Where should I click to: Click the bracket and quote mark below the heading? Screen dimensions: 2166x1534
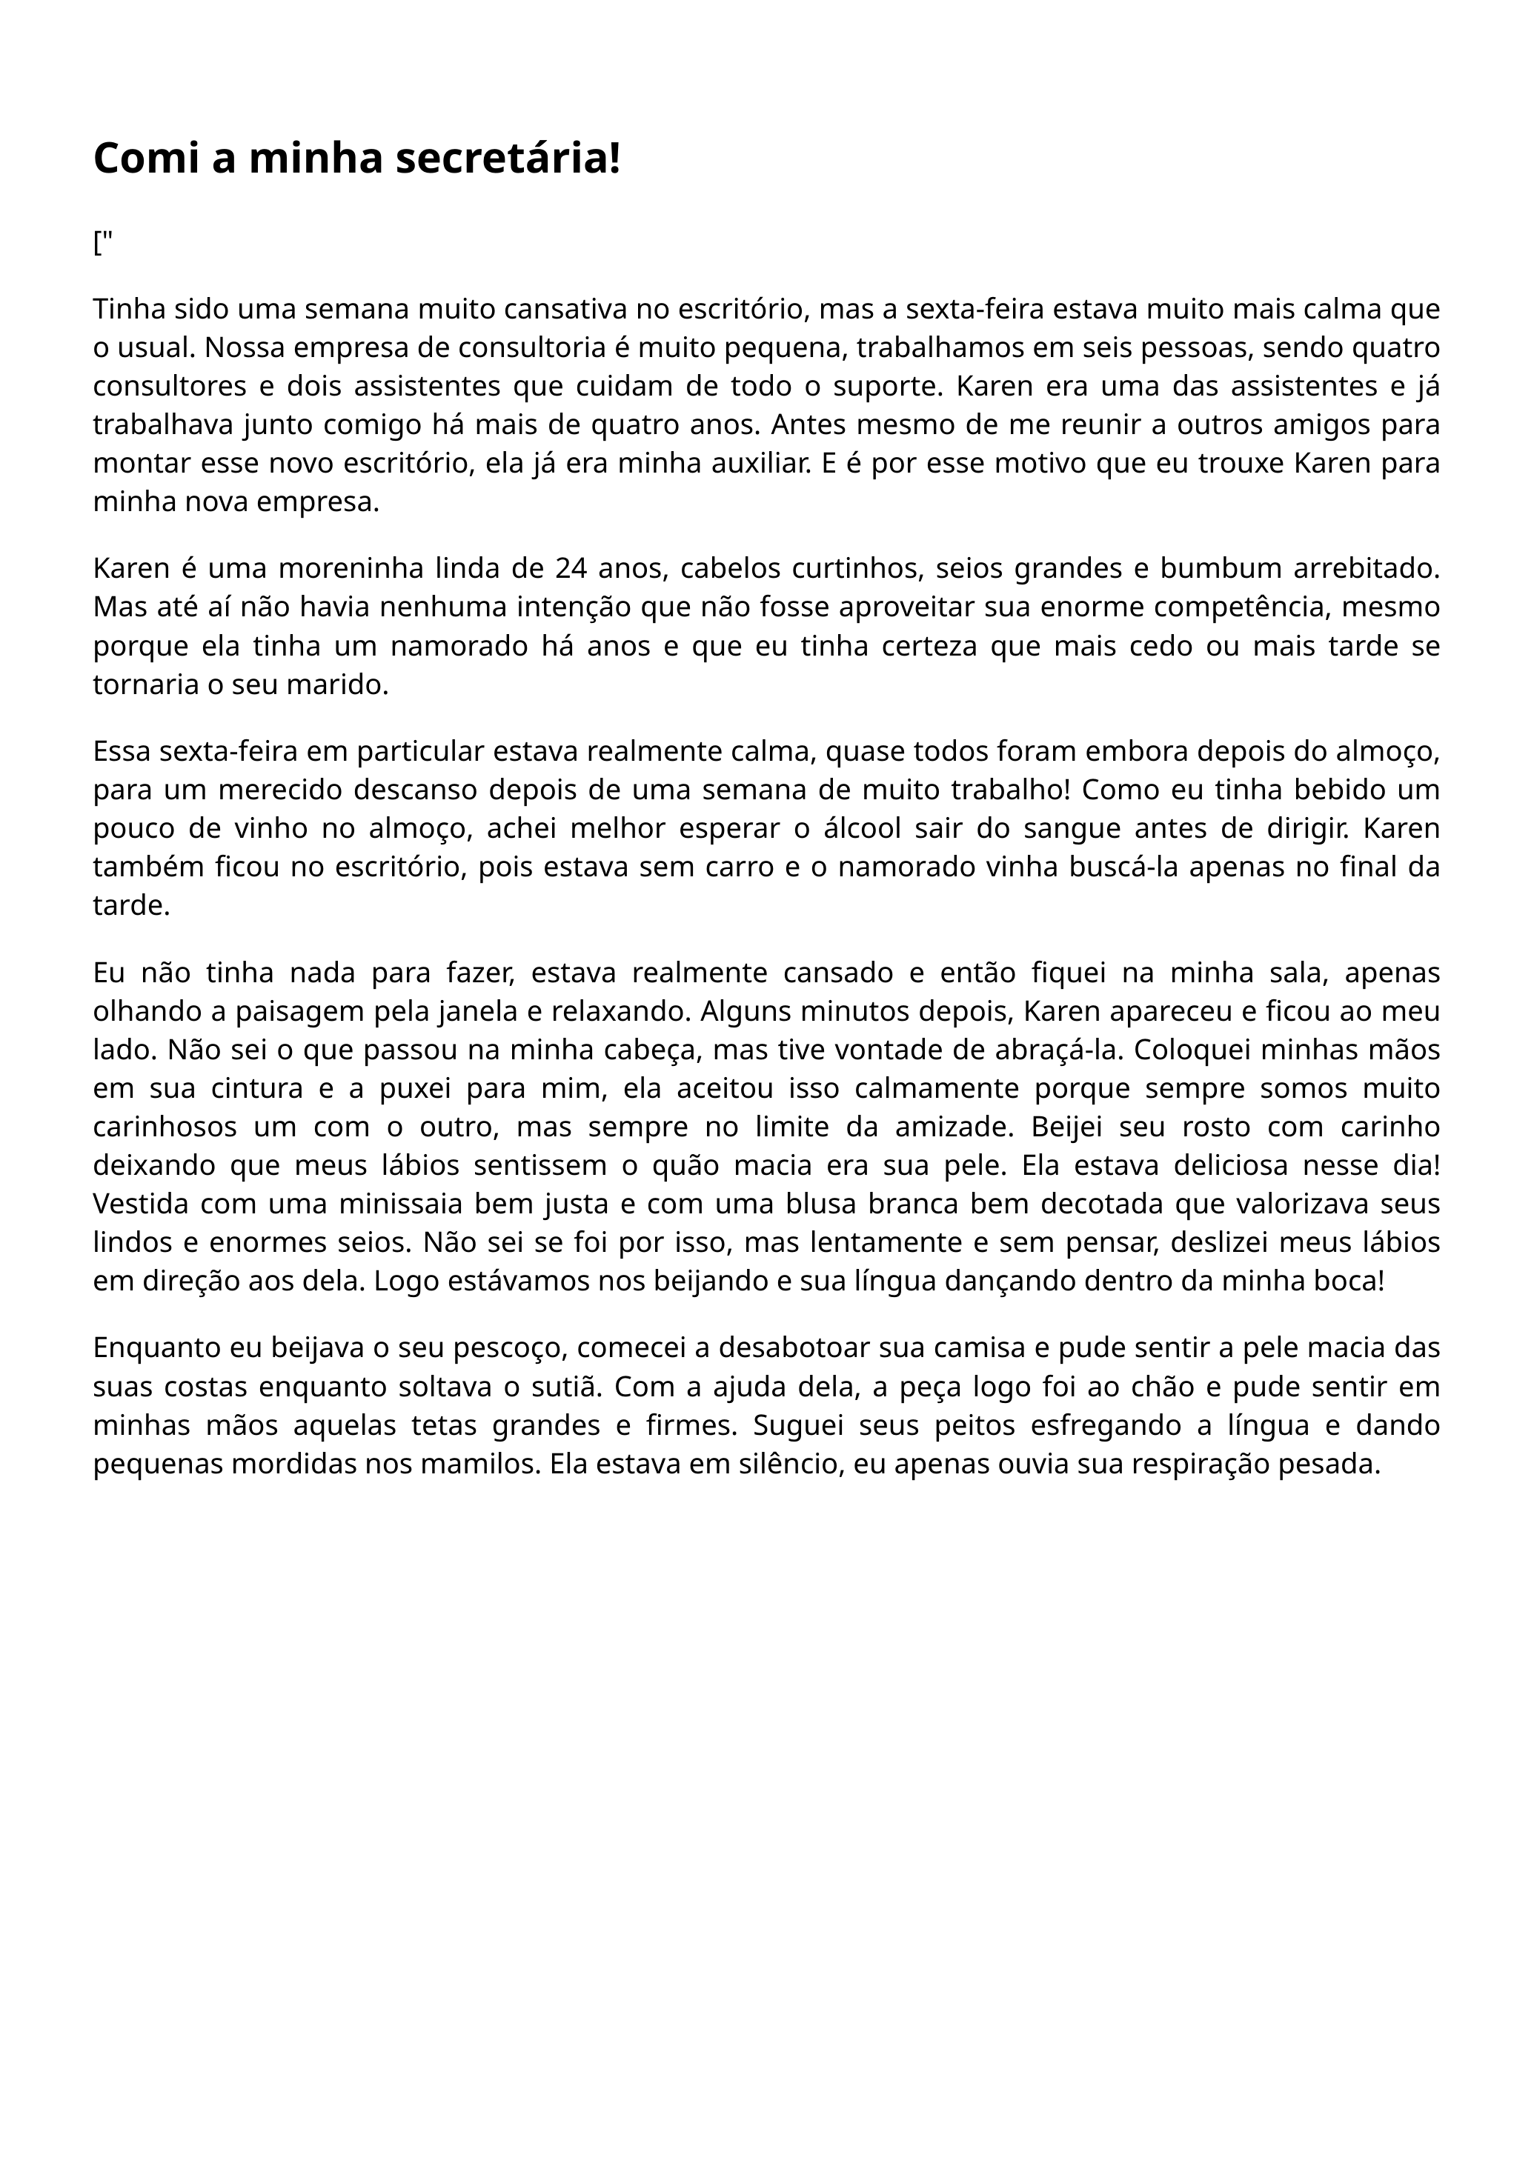[x=103, y=244]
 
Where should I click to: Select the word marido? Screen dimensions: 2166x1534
[x=350, y=684]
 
